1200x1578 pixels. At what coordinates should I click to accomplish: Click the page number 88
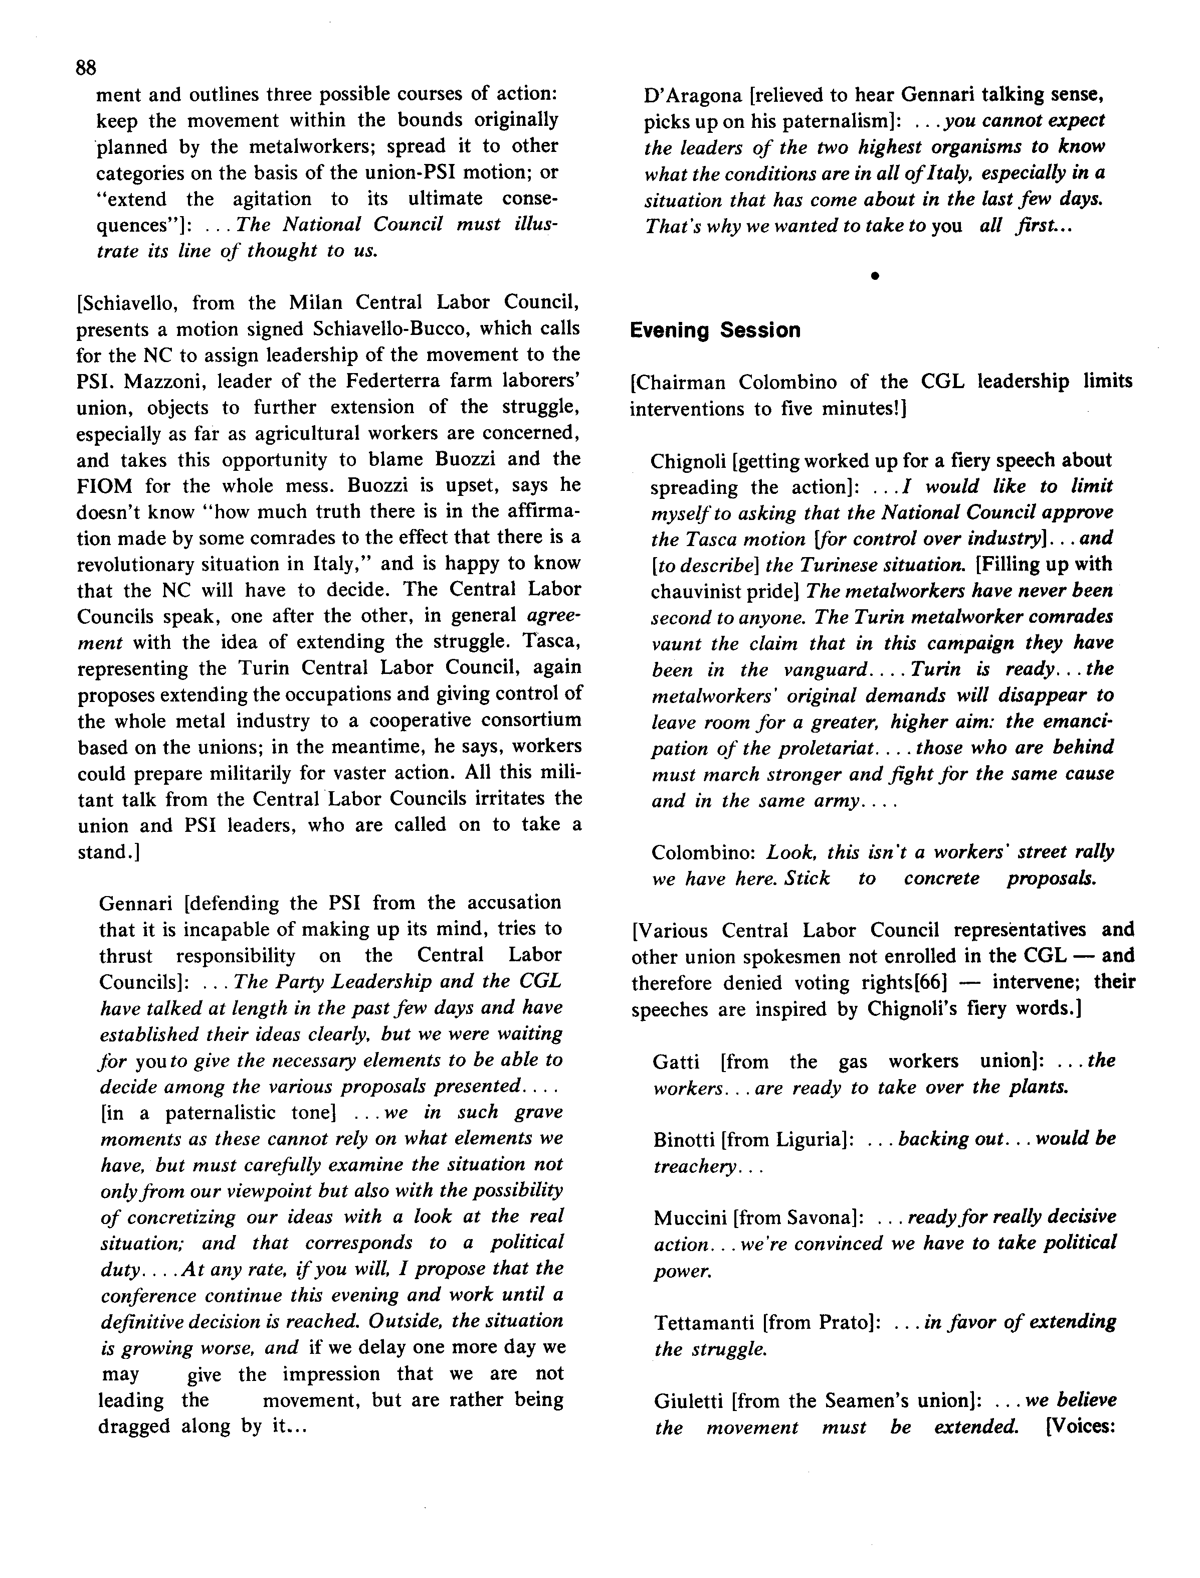86,68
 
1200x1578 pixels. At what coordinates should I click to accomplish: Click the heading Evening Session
715,331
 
